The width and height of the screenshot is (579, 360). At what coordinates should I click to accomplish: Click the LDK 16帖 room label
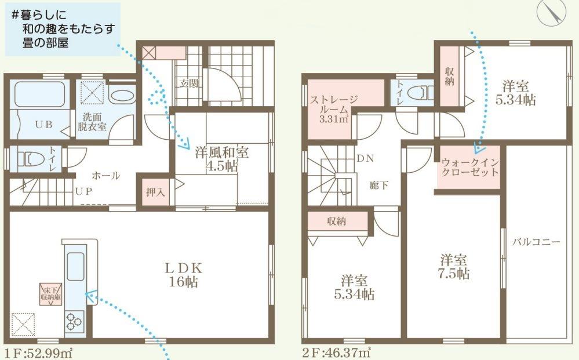(x=184, y=275)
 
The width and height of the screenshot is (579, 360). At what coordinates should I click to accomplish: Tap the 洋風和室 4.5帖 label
(x=221, y=159)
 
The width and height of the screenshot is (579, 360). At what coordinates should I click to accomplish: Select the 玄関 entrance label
(x=189, y=83)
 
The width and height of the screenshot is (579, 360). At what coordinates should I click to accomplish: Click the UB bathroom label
(x=43, y=125)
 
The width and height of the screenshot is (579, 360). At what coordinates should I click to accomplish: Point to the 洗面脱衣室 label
(x=92, y=122)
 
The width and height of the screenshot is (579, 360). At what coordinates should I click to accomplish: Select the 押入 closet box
(x=155, y=192)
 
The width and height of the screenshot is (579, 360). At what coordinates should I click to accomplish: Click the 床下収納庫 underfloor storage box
(x=51, y=294)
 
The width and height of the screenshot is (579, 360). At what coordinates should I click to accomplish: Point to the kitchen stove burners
(x=74, y=321)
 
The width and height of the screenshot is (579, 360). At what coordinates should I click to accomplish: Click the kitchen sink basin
(x=75, y=267)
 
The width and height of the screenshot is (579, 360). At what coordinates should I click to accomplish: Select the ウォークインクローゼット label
(x=469, y=168)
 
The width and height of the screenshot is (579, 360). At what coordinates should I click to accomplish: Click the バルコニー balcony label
(x=536, y=242)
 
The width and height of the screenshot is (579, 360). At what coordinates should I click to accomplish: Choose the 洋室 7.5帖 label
(x=454, y=267)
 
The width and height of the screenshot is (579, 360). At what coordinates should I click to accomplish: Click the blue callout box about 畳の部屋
(x=63, y=30)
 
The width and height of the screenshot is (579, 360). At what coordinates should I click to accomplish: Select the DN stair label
(x=365, y=158)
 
